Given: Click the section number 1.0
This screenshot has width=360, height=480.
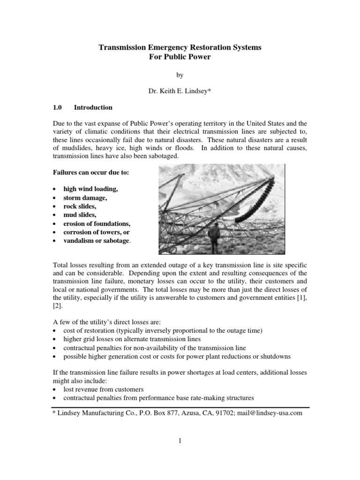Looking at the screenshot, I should pos(58,107).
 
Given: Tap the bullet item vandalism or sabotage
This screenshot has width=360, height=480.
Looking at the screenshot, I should pos(98,240).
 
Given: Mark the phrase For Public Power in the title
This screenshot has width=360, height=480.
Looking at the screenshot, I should pos(180,57).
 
